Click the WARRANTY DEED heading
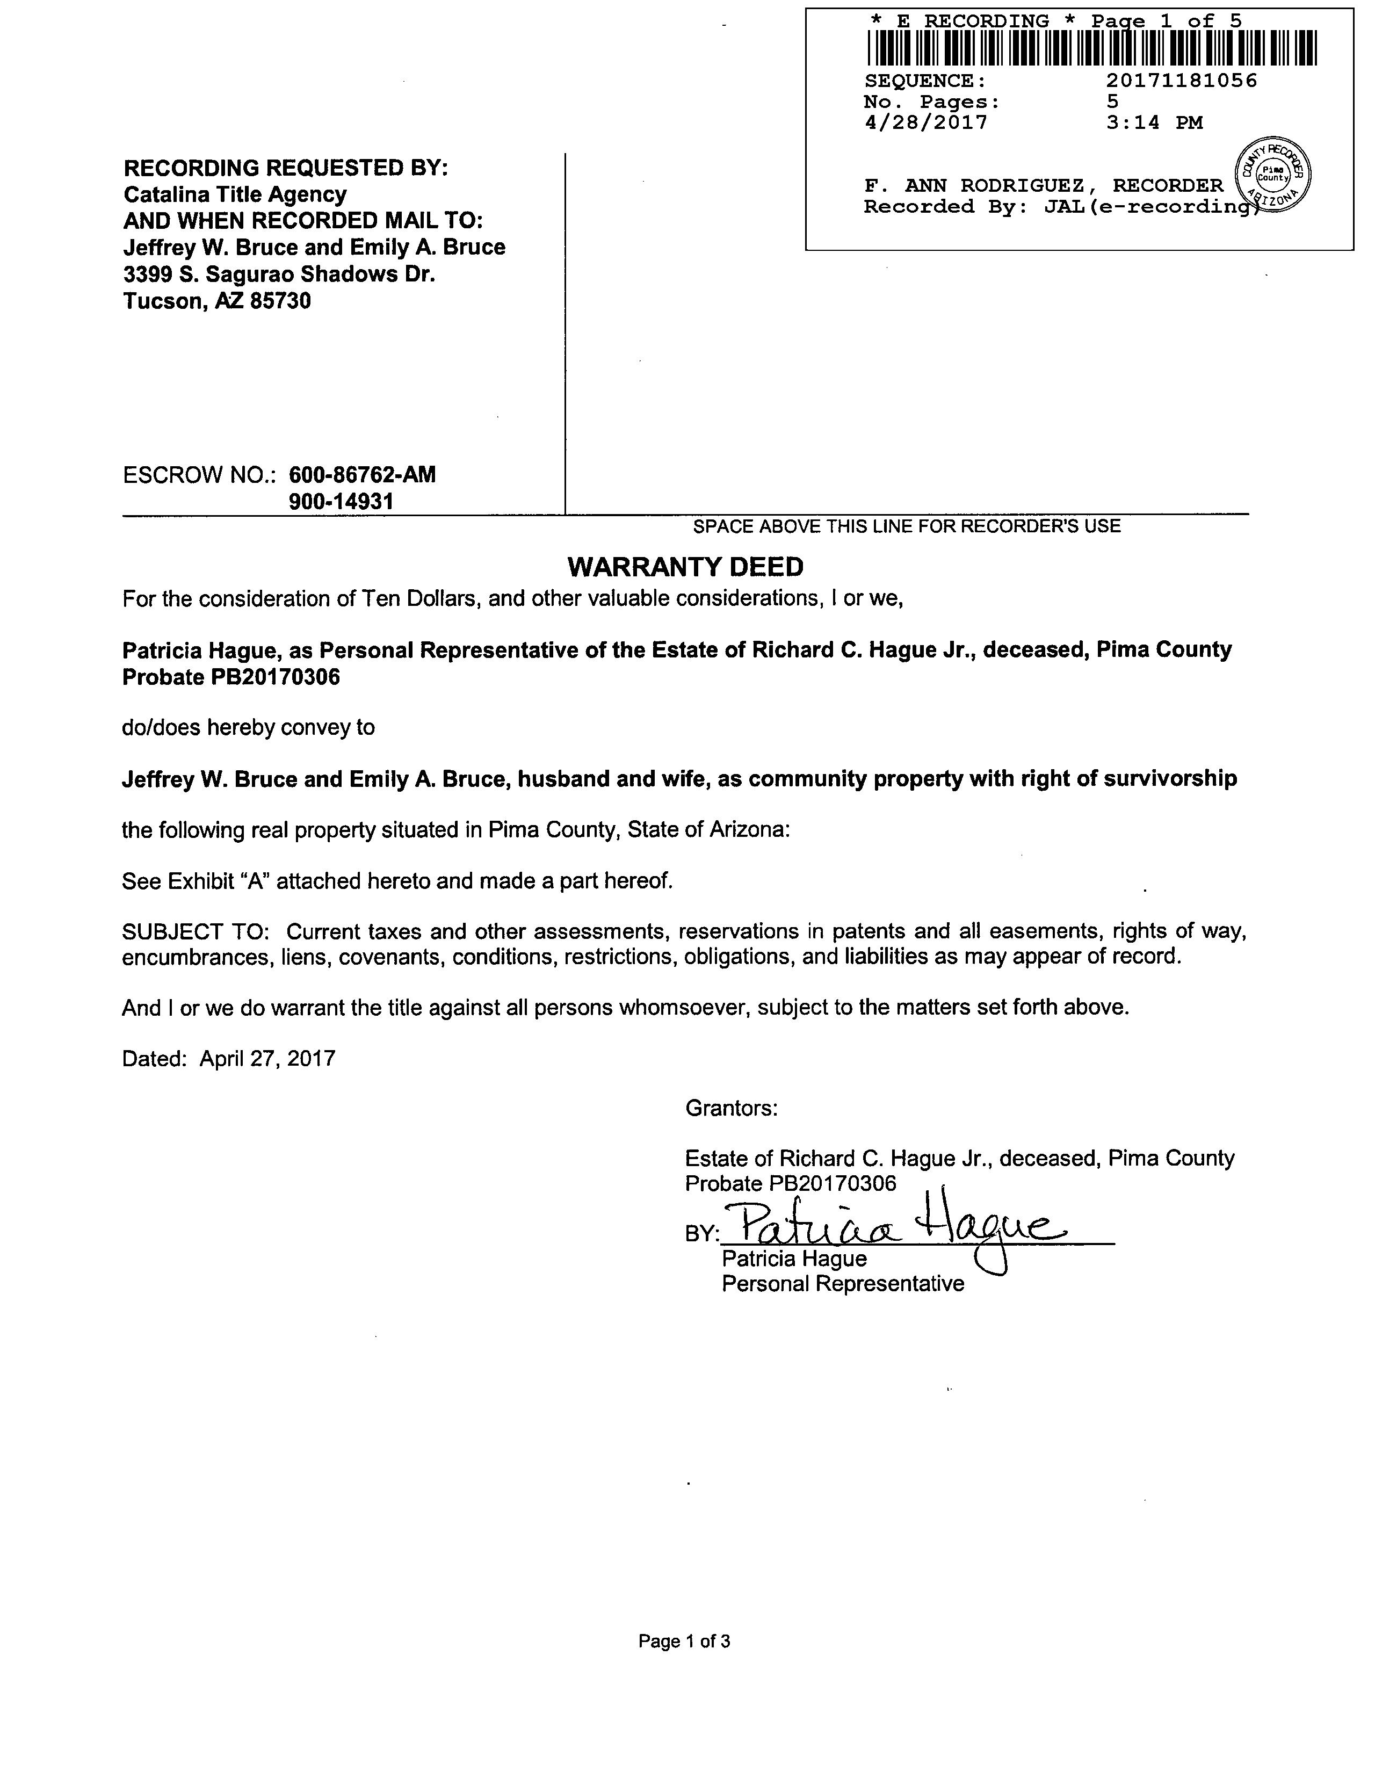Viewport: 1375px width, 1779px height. (685, 566)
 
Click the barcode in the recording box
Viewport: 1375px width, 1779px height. (1091, 48)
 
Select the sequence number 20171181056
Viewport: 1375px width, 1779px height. (1181, 81)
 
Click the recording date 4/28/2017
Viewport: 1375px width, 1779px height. (925, 123)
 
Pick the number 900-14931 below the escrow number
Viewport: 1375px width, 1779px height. (341, 502)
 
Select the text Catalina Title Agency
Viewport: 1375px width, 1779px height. (235, 194)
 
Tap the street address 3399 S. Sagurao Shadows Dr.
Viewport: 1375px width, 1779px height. (279, 274)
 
